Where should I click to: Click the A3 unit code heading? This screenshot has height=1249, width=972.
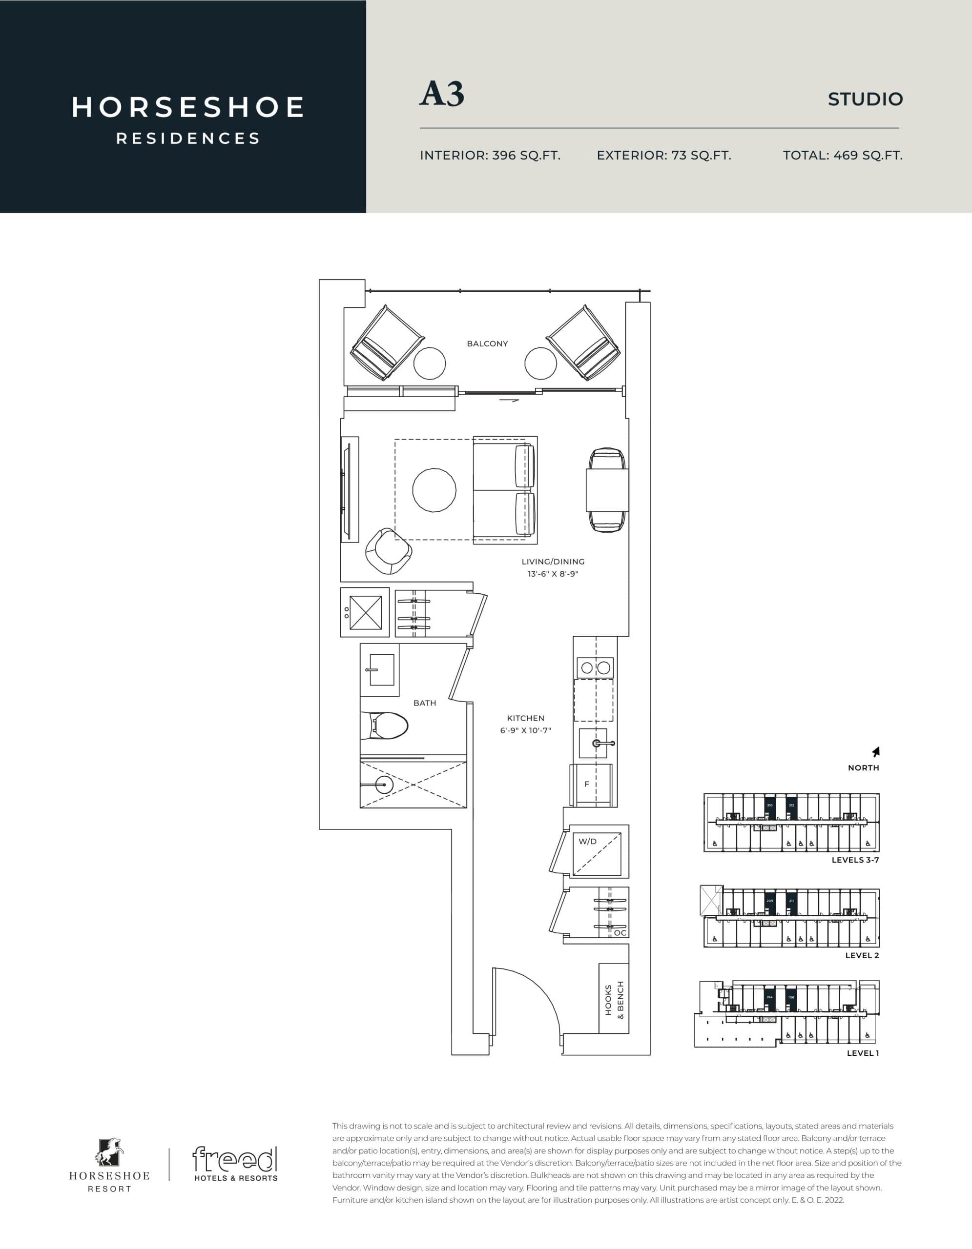point(441,94)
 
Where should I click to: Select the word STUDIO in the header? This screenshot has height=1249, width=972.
point(865,99)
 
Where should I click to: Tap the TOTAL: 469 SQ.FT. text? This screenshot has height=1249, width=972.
point(842,155)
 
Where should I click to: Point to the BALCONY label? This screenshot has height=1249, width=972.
point(487,343)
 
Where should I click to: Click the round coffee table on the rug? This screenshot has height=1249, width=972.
point(434,490)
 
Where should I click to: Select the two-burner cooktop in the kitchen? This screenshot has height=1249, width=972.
point(595,667)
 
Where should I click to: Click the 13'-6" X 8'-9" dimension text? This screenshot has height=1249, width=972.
point(553,574)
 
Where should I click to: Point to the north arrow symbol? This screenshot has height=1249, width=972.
point(875,751)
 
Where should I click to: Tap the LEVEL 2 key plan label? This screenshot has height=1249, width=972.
point(862,956)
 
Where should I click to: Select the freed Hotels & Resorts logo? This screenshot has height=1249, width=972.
point(235,1164)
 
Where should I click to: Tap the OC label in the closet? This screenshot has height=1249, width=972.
point(620,933)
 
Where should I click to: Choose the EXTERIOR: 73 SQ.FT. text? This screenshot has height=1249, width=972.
point(663,155)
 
